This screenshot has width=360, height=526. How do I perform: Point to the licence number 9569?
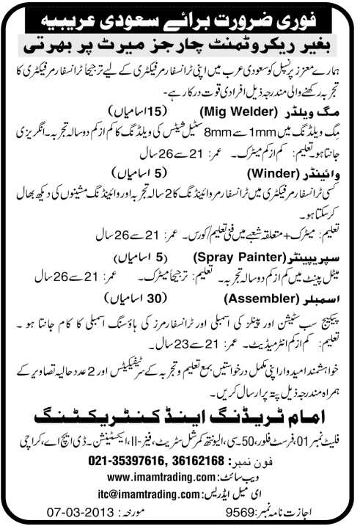pos(251,511)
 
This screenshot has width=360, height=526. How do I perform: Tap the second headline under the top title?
pos(180,44)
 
